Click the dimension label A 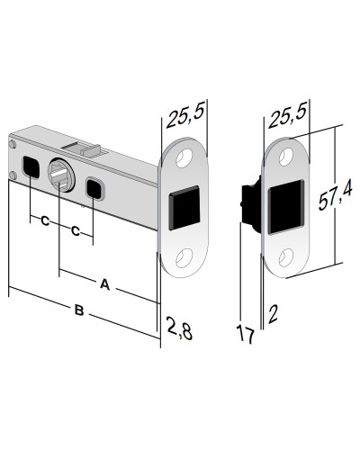[104, 284]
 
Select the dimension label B [79, 310]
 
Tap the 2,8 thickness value [179, 328]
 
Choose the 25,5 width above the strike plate [287, 115]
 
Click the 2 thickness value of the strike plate [273, 314]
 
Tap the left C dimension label [45, 221]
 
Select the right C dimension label [76, 231]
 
